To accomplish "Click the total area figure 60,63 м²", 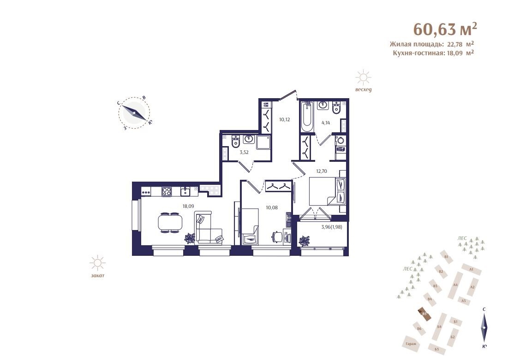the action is (445, 29).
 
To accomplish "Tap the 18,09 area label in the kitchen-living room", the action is (188, 206).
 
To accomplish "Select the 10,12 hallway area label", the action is (285, 119).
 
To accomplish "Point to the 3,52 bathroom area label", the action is (244, 152).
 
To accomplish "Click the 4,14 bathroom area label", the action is (326, 123).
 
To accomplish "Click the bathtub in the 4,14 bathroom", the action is (307, 117).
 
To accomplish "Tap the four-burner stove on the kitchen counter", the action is (167, 191).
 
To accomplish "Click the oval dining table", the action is (170, 223).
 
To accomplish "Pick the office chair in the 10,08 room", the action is (276, 236).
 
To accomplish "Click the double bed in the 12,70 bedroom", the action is (327, 191).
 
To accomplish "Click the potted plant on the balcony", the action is (305, 241).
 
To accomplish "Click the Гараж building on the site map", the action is (411, 344).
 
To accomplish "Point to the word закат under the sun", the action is (97, 276).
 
